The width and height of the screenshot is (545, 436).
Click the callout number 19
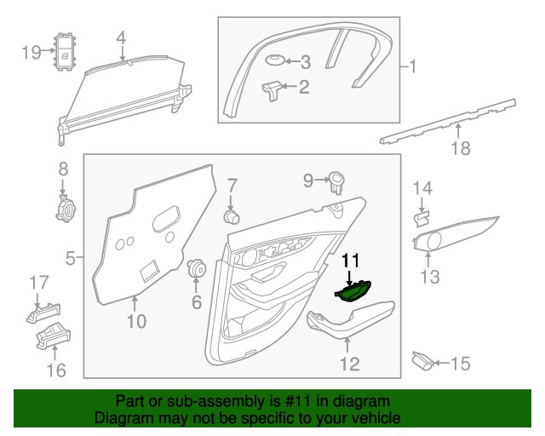pos(31,53)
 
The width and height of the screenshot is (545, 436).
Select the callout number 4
pos(121,37)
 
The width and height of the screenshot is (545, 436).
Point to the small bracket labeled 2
pos(272,89)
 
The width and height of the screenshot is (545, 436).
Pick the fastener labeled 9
pos(337,181)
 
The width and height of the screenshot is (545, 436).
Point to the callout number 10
pos(136,321)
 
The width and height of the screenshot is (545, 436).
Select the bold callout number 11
pos(351,261)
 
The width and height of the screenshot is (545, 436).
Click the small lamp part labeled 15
pos(422,362)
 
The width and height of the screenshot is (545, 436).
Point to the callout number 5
pos(72,255)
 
